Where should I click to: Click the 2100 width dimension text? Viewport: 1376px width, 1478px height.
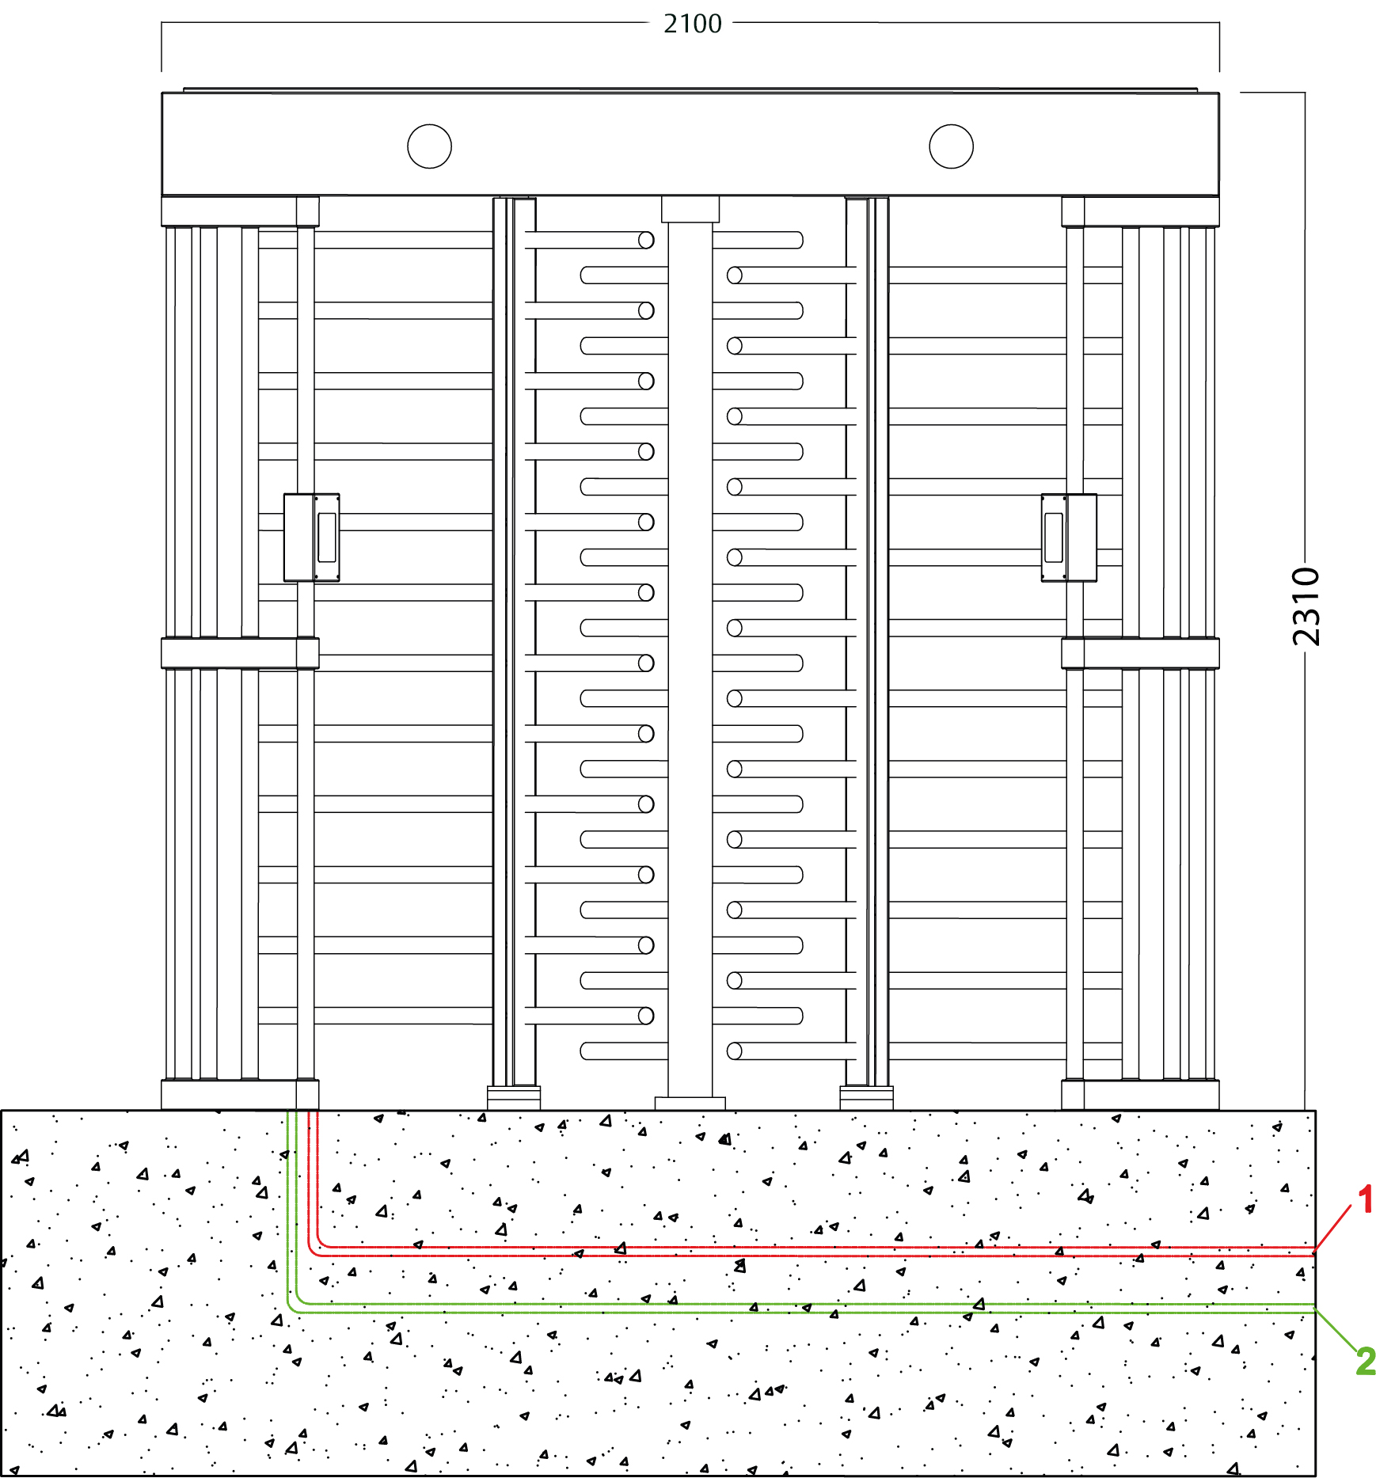(693, 24)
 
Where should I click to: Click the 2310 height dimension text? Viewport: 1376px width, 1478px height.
(1306, 606)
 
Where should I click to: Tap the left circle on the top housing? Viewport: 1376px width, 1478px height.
(429, 146)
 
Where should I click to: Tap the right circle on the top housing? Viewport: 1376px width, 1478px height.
(951, 146)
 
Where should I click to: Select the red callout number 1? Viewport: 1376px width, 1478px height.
(1365, 1200)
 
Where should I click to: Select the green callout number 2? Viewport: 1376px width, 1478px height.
(1366, 1361)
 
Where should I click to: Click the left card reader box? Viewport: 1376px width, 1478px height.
(312, 538)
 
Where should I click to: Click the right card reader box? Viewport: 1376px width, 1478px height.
(1069, 538)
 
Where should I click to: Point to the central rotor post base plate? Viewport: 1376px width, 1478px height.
(690, 1104)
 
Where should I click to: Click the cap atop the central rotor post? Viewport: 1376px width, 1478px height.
(690, 210)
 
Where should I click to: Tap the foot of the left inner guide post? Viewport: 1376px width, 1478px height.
(514, 1097)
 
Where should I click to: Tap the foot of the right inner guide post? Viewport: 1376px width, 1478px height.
(866, 1097)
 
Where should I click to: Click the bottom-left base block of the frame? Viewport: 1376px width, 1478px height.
(240, 1095)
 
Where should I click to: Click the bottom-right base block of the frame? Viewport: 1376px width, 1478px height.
(1140, 1095)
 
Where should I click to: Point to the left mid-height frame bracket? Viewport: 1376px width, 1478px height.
(240, 653)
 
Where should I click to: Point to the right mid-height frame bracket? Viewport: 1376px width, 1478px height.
(1140, 653)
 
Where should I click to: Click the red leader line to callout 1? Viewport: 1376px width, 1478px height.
(1332, 1228)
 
